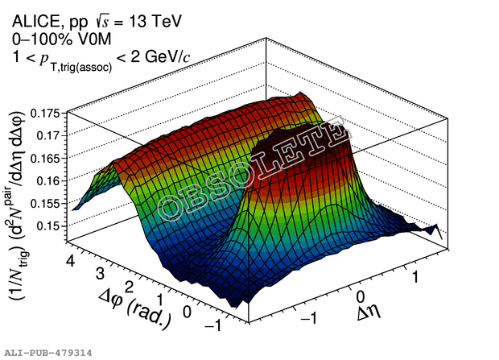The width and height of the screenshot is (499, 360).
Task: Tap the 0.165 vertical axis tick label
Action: coord(47,158)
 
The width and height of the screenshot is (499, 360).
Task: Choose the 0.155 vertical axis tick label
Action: coord(47,203)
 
